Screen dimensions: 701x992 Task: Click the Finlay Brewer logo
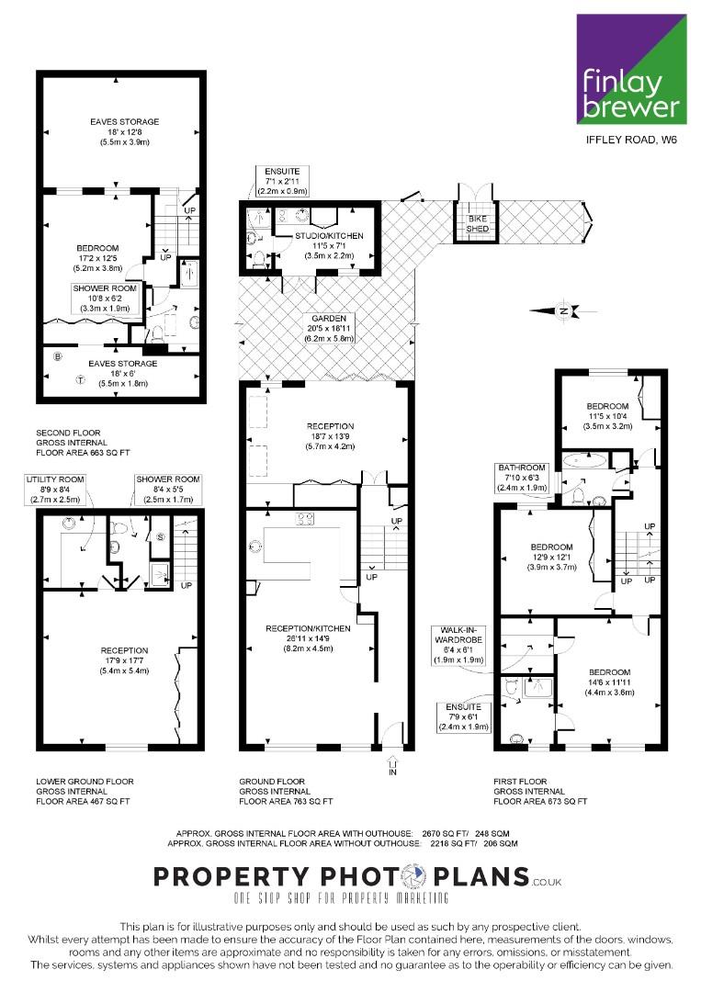[x=631, y=70]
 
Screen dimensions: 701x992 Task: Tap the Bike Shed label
[x=478, y=223]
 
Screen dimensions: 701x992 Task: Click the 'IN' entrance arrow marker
[x=392, y=765]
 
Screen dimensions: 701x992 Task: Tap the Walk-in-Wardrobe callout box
[x=458, y=645]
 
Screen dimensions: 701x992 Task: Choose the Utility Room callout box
[x=55, y=489]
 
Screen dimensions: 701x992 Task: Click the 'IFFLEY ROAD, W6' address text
[x=631, y=140]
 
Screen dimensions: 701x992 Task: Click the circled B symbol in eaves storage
[x=58, y=356]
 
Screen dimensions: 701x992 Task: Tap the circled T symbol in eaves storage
[x=80, y=380]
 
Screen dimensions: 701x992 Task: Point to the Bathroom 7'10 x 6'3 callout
[x=522, y=478]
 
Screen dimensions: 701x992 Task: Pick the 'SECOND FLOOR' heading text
[x=68, y=433]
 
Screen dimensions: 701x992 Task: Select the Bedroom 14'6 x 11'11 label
[x=609, y=682]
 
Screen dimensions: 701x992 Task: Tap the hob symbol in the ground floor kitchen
[x=305, y=518]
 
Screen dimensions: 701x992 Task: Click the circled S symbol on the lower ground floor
[x=160, y=537]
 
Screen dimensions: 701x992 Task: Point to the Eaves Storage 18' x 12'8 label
[x=125, y=131]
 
